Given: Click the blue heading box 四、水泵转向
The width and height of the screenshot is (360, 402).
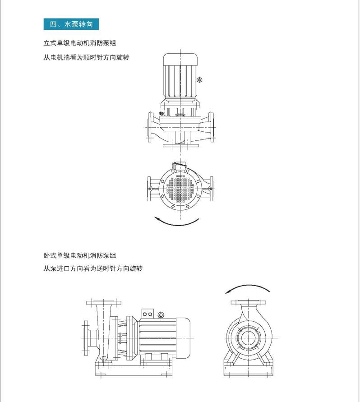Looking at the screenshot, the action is click(x=71, y=24).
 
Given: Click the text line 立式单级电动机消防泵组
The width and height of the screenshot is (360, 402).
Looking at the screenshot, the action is click(x=80, y=43).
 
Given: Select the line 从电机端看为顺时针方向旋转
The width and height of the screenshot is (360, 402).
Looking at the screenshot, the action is click(x=87, y=57).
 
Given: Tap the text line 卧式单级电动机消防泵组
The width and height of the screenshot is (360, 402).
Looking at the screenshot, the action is click(x=80, y=255).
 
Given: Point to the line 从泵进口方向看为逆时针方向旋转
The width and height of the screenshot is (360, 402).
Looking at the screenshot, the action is click(x=93, y=268).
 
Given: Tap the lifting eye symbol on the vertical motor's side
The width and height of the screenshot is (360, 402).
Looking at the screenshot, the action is click(x=200, y=80).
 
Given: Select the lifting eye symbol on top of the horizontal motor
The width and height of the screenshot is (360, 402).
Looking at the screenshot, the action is click(x=161, y=314).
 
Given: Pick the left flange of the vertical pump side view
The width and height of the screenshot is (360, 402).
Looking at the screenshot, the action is click(x=150, y=127).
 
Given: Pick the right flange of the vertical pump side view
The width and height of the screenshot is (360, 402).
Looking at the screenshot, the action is click(x=211, y=127).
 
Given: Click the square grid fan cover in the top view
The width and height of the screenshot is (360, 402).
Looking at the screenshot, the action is click(x=180, y=189).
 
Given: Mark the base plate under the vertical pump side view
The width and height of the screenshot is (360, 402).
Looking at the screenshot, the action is click(x=181, y=145).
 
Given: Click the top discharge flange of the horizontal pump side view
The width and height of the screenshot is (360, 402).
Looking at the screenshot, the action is click(x=104, y=303).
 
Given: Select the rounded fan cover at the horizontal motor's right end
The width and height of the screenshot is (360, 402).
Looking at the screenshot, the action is click(x=183, y=338).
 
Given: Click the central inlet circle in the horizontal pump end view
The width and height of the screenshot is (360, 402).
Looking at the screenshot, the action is click(x=248, y=338).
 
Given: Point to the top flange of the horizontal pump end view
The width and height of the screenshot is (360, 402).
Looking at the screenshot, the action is click(x=248, y=303).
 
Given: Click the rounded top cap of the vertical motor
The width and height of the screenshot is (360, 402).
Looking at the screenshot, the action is click(x=180, y=59).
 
